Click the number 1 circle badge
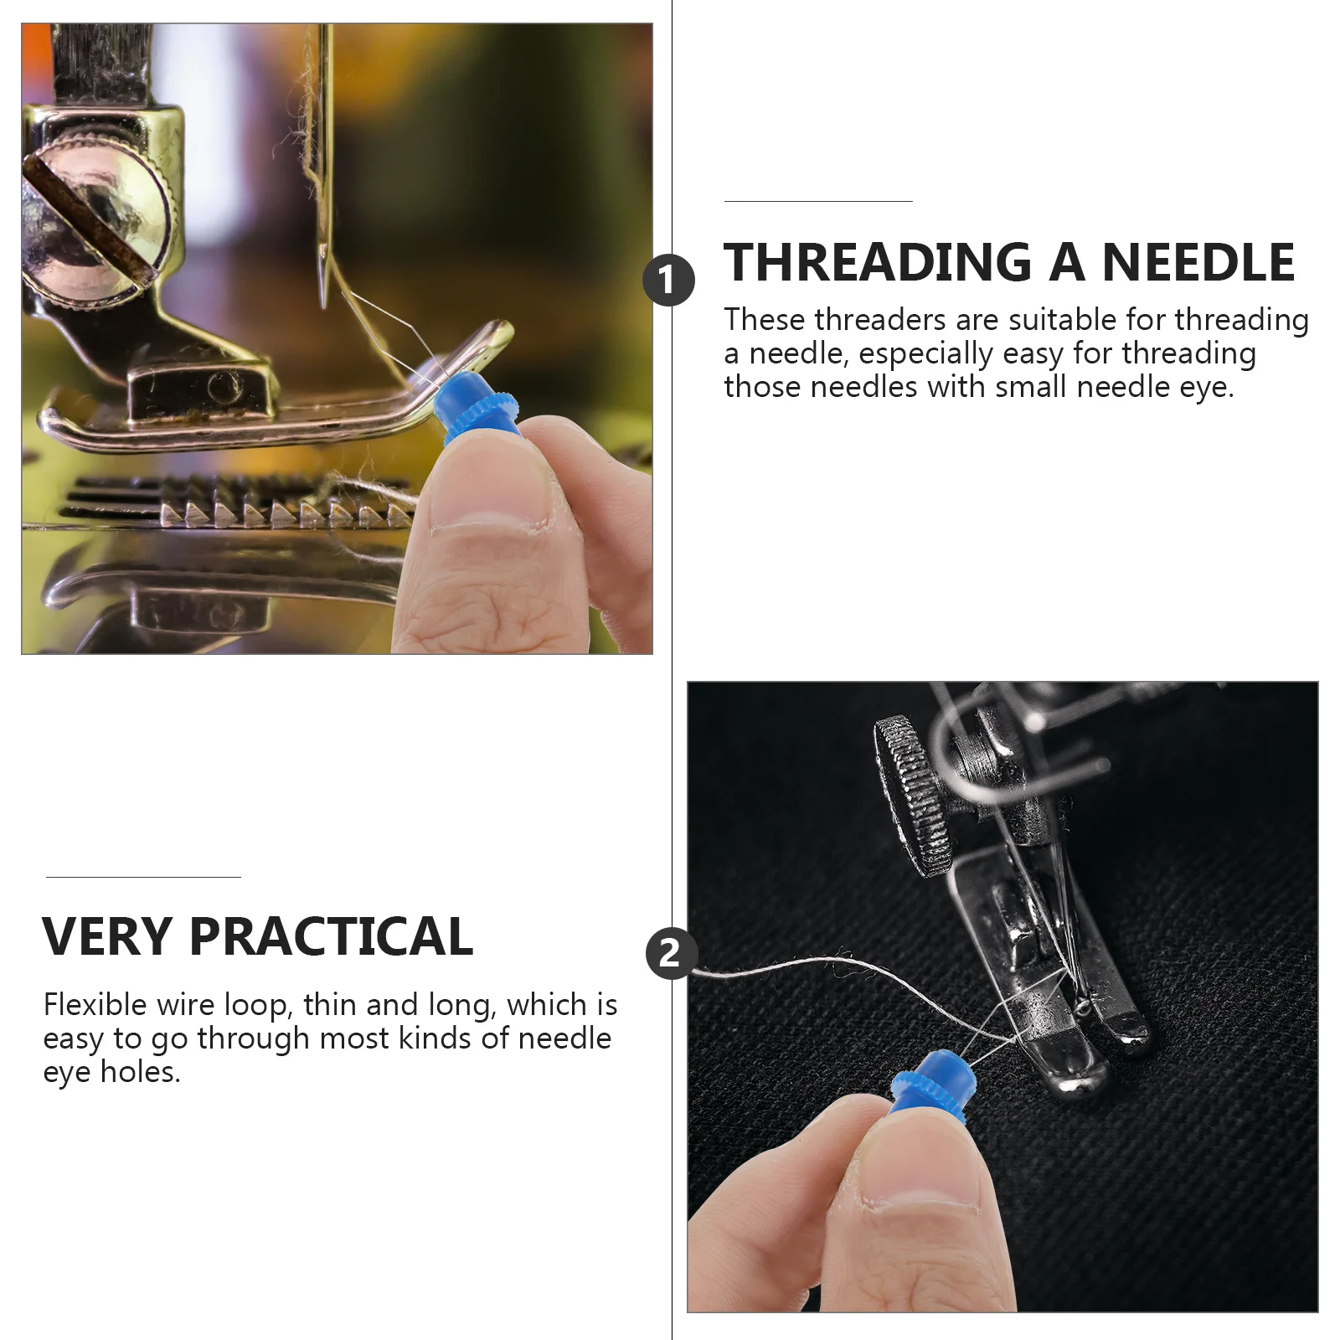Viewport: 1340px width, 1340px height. click(668, 281)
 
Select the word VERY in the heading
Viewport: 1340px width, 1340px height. click(106, 936)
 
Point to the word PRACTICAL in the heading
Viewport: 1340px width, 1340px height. click(332, 936)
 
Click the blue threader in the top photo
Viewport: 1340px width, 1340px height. click(474, 409)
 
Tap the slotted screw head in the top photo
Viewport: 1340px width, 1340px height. click(92, 218)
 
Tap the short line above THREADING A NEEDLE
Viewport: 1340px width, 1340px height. click(817, 201)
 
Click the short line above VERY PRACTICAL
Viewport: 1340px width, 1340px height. click(143, 877)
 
